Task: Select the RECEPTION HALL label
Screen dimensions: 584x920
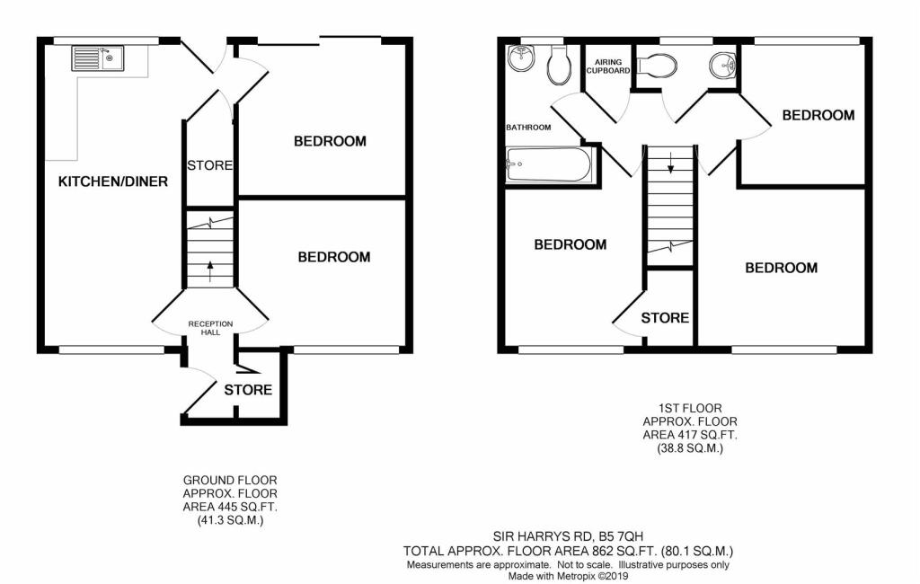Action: tap(210, 328)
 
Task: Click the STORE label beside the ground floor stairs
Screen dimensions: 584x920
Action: tap(210, 165)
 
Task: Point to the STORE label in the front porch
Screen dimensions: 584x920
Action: tap(248, 390)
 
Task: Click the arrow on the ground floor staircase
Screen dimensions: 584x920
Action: tap(211, 265)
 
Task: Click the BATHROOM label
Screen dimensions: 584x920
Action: tap(528, 128)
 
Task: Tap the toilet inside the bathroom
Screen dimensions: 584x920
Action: tap(559, 61)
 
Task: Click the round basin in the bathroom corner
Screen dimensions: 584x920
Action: tap(522, 59)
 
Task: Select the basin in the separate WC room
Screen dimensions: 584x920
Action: tap(721, 65)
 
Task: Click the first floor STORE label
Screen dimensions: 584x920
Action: tap(665, 318)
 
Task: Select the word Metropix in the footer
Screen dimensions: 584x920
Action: tap(588, 577)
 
